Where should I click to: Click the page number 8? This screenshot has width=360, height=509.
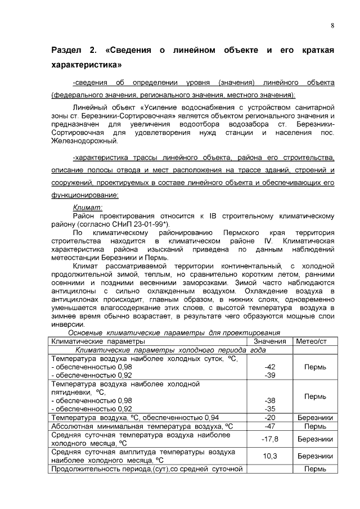332,26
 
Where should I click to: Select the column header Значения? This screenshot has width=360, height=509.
269,341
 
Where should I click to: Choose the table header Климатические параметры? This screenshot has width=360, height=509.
98,341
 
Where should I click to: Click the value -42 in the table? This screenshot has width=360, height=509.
269,366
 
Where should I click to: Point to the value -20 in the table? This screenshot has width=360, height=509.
269,417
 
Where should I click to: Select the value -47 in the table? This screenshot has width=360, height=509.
269,426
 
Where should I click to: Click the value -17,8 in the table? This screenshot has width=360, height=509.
269,438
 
